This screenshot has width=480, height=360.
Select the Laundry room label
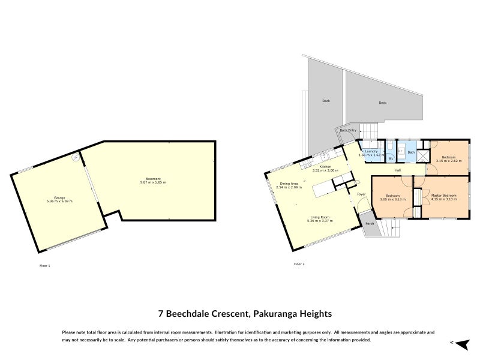pos(371,151)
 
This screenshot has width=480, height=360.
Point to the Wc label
pos(391,158)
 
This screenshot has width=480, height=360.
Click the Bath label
pos(411,152)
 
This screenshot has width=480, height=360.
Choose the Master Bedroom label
pos(444,196)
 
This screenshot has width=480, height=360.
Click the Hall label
pos(398,170)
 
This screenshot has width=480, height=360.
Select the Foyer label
pos(361,194)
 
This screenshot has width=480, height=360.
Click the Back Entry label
pos(348,130)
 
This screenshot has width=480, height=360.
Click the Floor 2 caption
pos(299,264)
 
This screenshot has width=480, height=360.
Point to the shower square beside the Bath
pos(422,158)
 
